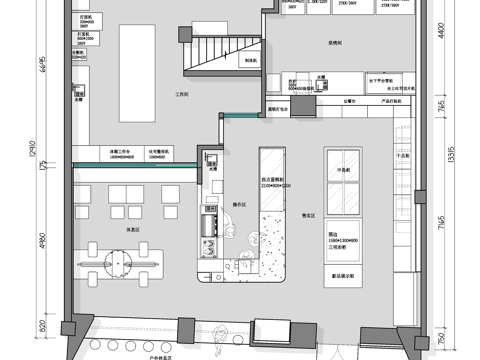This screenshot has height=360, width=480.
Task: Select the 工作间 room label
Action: [182, 95]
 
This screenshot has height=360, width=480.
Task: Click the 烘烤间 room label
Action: [334, 44]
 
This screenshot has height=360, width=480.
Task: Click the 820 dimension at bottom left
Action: [44, 325]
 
